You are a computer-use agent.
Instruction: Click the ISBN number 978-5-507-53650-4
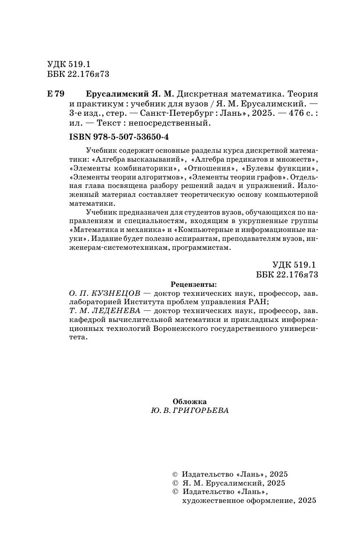point(126,137)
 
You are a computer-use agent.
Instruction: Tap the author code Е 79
point(56,94)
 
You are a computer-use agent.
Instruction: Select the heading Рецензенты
point(194,284)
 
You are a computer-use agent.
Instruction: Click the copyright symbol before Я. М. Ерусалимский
point(175,483)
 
